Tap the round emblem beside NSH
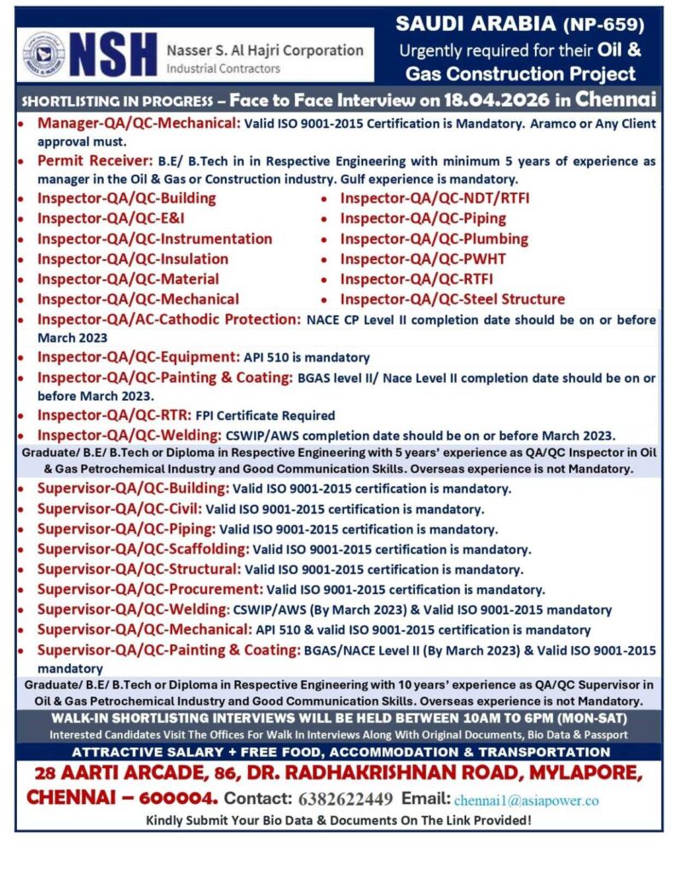43,55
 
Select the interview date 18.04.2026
487,99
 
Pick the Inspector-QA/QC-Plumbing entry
434,239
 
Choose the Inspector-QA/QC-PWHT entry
423,259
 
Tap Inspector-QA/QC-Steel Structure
452,299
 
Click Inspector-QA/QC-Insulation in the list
132,259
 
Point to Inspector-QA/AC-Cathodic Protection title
169,320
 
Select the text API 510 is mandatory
307,358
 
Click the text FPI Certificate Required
265,416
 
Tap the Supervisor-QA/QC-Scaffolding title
142,549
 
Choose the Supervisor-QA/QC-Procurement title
149,589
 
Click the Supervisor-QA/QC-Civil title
119,509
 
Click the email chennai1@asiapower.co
526,801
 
